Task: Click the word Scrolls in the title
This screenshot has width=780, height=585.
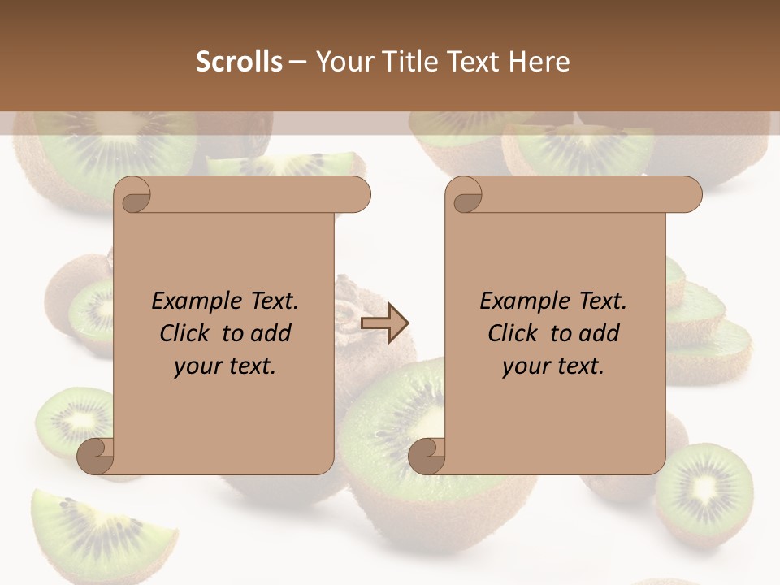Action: (239, 62)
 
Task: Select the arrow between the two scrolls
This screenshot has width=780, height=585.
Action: (384, 323)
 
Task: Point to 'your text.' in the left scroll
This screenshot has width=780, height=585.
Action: (225, 366)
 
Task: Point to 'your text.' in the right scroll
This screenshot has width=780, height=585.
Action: (553, 366)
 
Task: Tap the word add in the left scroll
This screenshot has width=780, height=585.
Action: (271, 333)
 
